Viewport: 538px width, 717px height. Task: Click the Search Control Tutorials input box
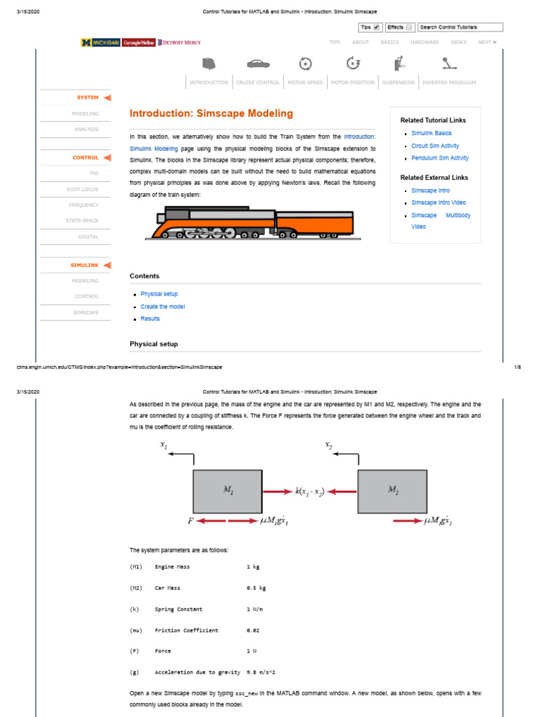point(460,27)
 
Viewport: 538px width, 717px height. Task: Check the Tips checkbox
point(378,27)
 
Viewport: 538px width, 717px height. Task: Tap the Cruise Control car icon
point(257,64)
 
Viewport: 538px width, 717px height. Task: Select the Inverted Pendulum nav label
point(449,83)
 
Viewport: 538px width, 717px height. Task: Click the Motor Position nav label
point(352,83)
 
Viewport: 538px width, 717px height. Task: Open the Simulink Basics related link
point(431,133)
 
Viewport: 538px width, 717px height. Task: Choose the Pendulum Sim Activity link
point(440,158)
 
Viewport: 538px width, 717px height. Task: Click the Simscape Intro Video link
point(438,202)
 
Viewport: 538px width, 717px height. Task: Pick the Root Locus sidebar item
point(83,189)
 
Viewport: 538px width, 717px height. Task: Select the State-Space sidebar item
point(83,221)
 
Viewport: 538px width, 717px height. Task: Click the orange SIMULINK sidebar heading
point(84,265)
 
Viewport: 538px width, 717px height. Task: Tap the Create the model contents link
point(163,307)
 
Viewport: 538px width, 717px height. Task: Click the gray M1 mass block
point(228,492)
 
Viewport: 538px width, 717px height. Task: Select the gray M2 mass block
point(392,492)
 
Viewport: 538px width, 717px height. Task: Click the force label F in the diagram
point(190,521)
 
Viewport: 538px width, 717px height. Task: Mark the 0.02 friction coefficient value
point(253,630)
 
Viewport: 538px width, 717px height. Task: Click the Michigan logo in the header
point(100,43)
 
